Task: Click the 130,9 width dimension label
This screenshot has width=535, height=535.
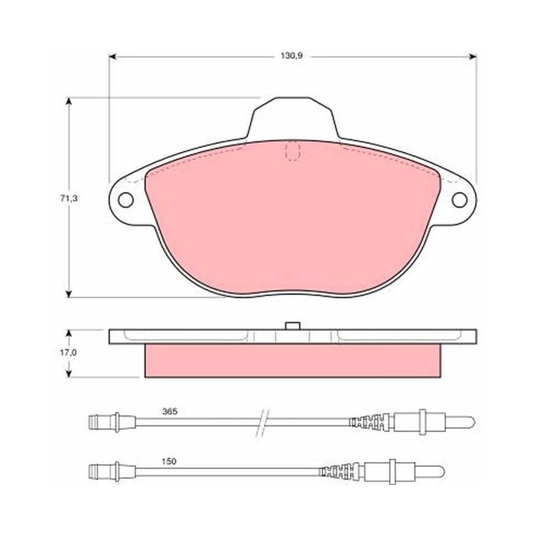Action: (x=292, y=56)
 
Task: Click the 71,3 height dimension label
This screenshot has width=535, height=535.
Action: (x=69, y=199)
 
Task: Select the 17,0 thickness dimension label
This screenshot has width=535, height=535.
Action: (x=68, y=353)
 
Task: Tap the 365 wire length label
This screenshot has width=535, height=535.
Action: (x=170, y=412)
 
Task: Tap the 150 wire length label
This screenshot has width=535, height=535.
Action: (x=169, y=461)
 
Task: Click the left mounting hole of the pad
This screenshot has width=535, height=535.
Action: (x=126, y=200)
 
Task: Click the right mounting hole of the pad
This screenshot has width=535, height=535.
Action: (x=459, y=200)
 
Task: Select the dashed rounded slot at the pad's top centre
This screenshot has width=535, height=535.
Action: (x=293, y=151)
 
